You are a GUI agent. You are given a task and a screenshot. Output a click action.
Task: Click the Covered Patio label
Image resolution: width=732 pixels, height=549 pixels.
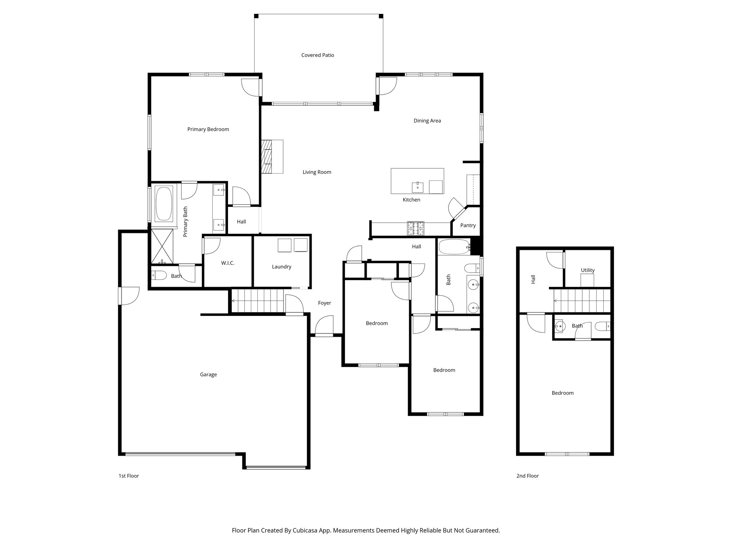[x=317, y=55]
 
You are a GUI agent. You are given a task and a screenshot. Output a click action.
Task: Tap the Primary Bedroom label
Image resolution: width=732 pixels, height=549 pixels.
[x=208, y=129]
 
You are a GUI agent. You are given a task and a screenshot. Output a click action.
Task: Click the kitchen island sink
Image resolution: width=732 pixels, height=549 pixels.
[x=417, y=186]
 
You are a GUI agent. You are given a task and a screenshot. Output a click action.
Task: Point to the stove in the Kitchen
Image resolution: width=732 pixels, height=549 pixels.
[x=415, y=229]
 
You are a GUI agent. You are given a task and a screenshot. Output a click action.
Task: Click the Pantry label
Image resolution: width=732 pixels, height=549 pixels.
[x=468, y=225]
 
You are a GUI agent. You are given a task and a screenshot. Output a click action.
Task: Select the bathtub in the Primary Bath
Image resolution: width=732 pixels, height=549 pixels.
[x=163, y=204]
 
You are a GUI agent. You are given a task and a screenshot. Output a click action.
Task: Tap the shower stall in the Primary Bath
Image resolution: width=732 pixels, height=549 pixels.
[x=162, y=247]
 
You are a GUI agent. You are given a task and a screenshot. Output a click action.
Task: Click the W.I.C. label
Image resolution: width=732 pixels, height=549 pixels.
[x=228, y=263]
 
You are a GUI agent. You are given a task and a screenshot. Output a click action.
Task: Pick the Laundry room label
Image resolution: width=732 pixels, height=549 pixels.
[x=281, y=267]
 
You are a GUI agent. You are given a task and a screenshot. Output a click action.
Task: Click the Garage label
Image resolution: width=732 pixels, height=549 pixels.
[x=208, y=375]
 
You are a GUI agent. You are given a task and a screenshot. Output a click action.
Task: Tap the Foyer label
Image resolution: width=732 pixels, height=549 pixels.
[x=324, y=303]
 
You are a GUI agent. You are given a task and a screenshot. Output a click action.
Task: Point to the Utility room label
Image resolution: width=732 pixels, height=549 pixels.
[x=587, y=270]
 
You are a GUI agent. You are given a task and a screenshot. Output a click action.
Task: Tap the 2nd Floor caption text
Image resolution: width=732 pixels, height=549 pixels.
[x=527, y=476]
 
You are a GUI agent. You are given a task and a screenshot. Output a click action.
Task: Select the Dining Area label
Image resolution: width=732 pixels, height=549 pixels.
[x=427, y=121]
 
